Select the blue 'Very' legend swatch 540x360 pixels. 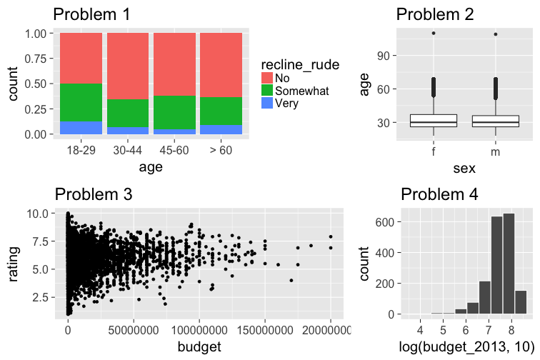(x=268, y=103)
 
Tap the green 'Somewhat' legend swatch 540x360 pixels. (x=268, y=90)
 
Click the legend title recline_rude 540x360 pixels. (x=300, y=64)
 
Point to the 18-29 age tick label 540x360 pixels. (x=81, y=151)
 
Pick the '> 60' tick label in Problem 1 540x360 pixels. (x=221, y=151)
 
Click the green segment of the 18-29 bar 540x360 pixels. (x=81, y=103)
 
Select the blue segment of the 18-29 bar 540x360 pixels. (x=81, y=128)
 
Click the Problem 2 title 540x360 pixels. (x=434, y=14)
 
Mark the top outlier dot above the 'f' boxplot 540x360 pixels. (x=434, y=34)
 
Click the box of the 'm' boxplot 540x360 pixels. (x=495, y=121)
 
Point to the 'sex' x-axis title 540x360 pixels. (x=464, y=168)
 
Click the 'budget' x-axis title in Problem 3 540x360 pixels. (x=200, y=347)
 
